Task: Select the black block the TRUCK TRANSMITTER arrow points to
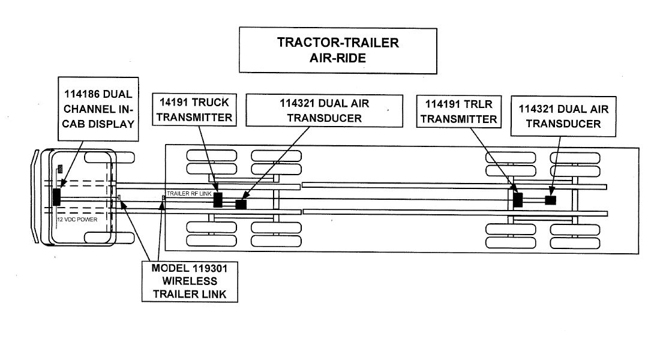(218, 200)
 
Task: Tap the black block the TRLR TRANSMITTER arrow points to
(518, 200)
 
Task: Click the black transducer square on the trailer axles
(550, 200)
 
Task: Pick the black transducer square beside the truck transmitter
(241, 205)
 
